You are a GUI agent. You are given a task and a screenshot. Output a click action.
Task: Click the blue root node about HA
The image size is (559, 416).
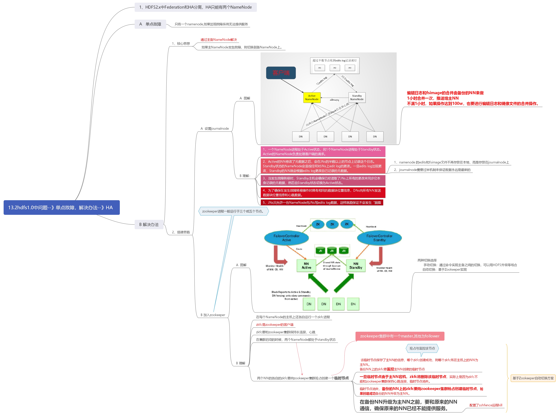tap(61, 208)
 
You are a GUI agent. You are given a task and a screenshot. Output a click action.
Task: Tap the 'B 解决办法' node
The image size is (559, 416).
tap(149, 224)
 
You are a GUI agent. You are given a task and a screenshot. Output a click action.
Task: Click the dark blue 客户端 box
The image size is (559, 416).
tap(281, 73)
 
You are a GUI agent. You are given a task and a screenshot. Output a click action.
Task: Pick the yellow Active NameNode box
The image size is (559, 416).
tap(312, 97)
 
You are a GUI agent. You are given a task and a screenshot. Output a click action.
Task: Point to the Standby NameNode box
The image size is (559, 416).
tap(357, 97)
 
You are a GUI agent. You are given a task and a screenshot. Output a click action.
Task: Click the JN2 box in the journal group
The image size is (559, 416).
tap(335, 68)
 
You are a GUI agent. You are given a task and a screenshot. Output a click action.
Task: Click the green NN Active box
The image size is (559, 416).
tap(306, 266)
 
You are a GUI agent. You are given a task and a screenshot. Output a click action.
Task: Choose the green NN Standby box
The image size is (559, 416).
tap(356, 266)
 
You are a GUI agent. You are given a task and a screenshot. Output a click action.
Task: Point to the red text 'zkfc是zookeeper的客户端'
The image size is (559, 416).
tap(274, 325)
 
